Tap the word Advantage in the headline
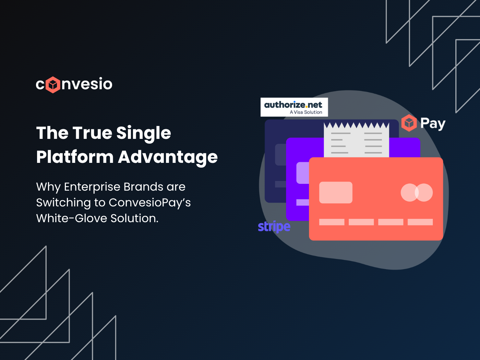point(168,157)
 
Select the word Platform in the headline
point(75,157)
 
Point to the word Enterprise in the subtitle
point(92,187)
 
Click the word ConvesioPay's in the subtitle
point(149,203)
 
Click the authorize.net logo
point(293,105)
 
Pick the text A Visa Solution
point(306,112)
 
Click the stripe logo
point(274,227)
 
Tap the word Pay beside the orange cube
point(433,123)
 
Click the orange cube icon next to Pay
point(409,123)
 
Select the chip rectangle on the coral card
point(336,192)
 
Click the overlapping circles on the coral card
point(417,192)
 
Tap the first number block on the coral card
point(332,222)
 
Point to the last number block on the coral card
point(420,222)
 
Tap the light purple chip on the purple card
point(302,173)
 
